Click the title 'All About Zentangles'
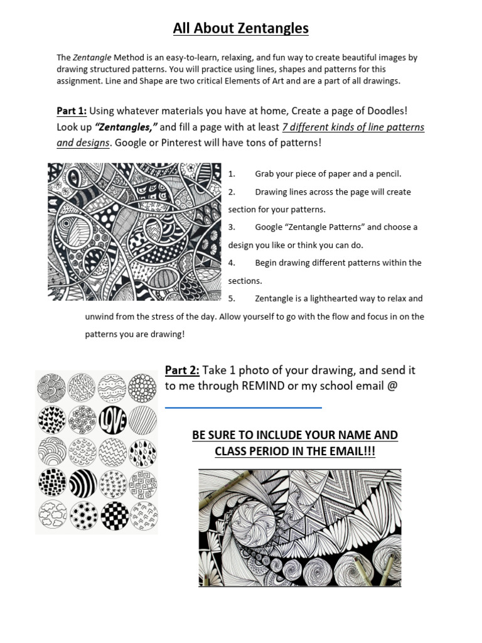tap(241, 28)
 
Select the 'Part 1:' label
tap(72, 111)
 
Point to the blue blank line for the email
tap(244, 408)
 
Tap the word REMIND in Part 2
tap(263, 386)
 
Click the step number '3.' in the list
tap(232, 227)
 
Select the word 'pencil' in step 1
tap(388, 174)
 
